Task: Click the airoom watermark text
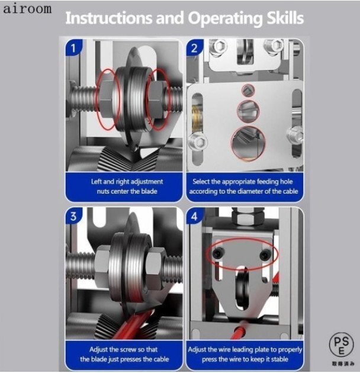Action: click(27, 8)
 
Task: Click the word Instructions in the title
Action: click(108, 18)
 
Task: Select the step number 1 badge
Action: click(74, 48)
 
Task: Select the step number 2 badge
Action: click(194, 48)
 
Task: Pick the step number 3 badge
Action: click(74, 216)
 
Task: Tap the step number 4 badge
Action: click(194, 216)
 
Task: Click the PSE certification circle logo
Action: click(342, 345)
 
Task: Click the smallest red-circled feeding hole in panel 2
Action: click(249, 90)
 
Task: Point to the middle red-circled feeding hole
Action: click(248, 110)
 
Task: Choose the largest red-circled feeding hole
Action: click(249, 143)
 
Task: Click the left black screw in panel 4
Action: click(218, 253)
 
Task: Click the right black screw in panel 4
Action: click(265, 255)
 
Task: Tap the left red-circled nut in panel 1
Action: click(107, 99)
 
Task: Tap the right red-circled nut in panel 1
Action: click(156, 99)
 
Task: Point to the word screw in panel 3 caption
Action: click(128, 350)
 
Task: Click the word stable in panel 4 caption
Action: click(279, 359)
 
